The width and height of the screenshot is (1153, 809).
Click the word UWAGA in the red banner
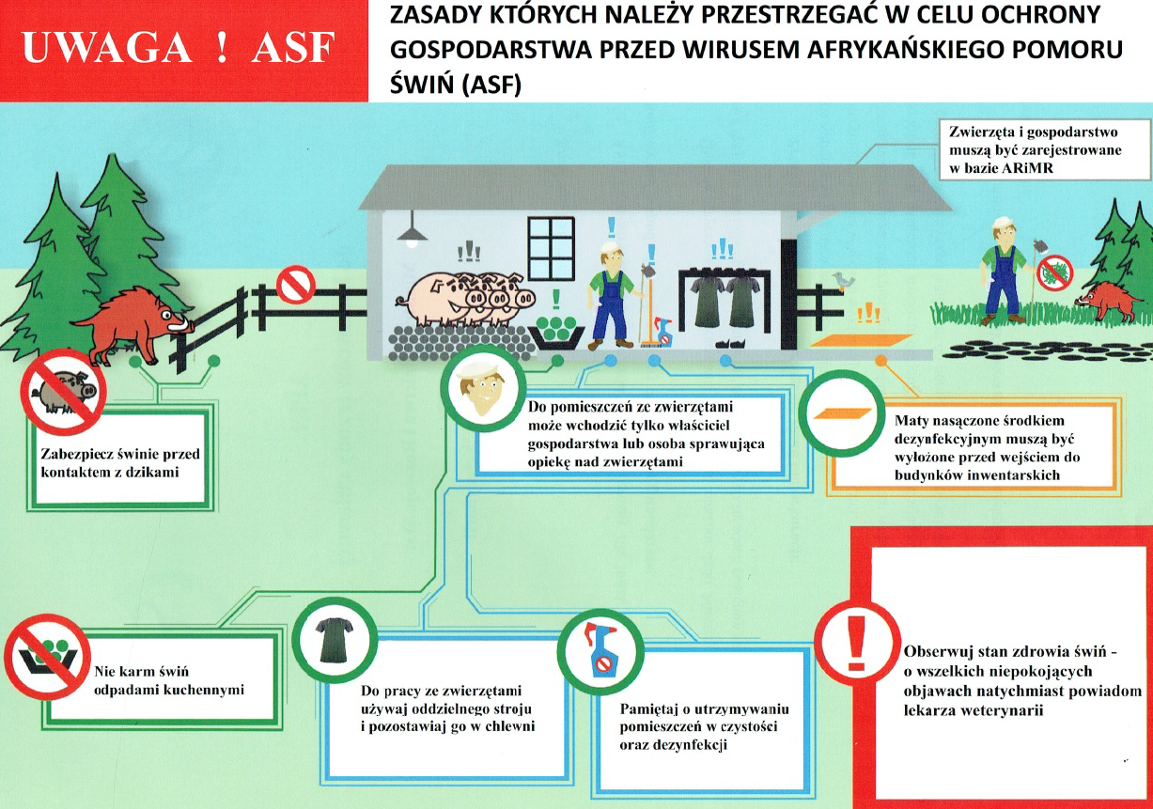tap(107, 47)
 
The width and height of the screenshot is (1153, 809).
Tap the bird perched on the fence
tap(844, 281)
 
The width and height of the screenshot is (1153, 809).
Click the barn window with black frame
tap(552, 249)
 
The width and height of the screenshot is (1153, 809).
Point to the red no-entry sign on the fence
tap(296, 284)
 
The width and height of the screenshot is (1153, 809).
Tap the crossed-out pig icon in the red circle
tap(63, 392)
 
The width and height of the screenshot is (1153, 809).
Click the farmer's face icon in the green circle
tap(483, 388)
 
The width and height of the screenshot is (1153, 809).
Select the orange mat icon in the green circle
tap(842, 413)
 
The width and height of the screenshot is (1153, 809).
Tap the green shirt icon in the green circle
tap(335, 640)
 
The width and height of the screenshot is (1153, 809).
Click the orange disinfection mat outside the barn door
tap(861, 341)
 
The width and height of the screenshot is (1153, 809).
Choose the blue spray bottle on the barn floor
tap(663, 332)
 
